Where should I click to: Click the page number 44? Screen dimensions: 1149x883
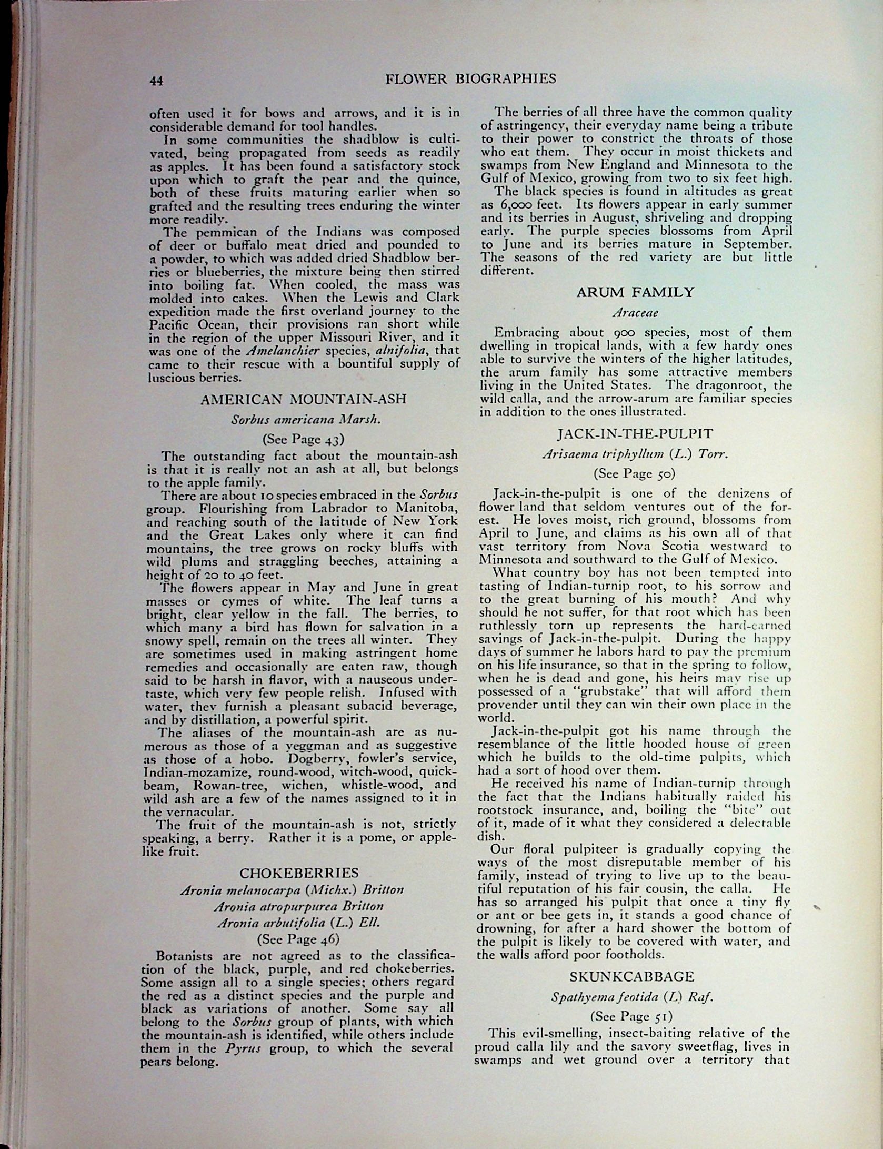[156, 81]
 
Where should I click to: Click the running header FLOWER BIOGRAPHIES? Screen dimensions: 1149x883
[470, 79]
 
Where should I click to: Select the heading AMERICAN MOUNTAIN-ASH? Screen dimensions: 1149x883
[303, 399]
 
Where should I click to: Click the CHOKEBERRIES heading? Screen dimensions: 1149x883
[299, 874]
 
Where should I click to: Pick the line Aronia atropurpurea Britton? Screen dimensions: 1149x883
[298, 907]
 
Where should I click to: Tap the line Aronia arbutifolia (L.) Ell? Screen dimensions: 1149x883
[298, 923]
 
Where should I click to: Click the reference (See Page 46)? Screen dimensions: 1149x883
[298, 939]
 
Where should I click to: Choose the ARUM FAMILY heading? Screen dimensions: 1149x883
[635, 292]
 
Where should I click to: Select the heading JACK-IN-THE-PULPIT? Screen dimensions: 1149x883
[635, 434]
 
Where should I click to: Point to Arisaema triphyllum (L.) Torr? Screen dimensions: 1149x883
[635, 454]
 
